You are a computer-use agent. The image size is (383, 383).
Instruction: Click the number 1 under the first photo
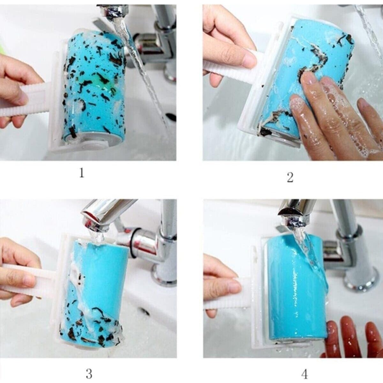click(x=82, y=173)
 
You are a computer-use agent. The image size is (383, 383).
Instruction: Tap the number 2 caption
click(x=290, y=177)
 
